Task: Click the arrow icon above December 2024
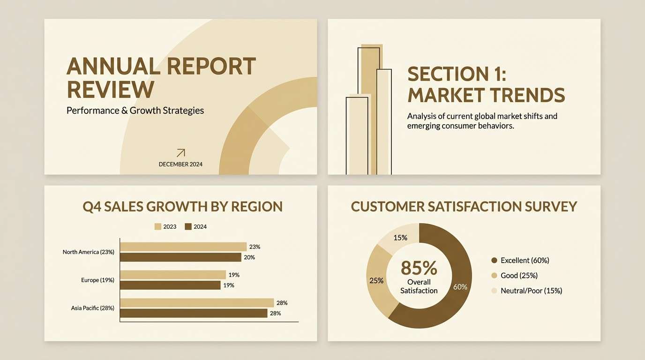(180, 153)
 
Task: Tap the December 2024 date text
(180, 165)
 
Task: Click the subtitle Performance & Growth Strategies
(135, 111)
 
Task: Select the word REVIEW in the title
(110, 89)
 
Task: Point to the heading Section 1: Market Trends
(486, 85)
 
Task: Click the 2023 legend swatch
(157, 227)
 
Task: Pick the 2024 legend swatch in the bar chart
(188, 227)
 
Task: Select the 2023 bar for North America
(183, 247)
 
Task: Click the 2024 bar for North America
(180, 257)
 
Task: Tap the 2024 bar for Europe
(170, 285)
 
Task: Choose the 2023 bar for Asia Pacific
(197, 303)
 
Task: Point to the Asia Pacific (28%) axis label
(92, 308)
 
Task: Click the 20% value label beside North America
(249, 257)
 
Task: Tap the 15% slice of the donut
(399, 238)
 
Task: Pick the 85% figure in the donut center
(419, 268)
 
